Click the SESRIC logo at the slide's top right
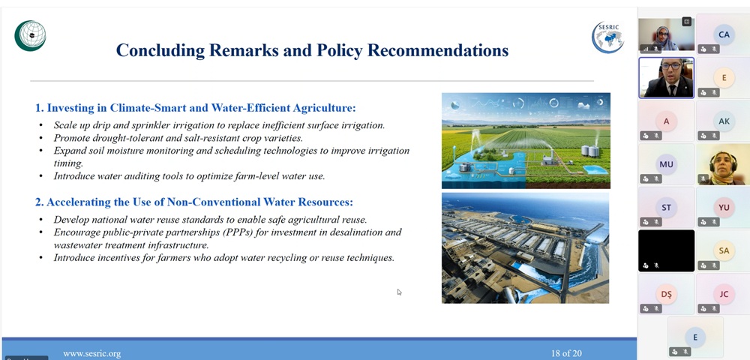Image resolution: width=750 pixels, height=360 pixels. [607, 37]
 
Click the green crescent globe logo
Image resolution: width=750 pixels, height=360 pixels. [30, 35]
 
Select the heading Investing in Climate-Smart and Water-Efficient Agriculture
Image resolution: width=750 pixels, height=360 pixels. [196, 108]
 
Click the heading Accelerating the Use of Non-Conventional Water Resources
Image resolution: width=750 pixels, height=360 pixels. [193, 202]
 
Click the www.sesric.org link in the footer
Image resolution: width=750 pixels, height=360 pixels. [91, 354]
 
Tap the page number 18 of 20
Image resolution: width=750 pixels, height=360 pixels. [566, 354]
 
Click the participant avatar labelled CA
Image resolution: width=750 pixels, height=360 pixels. [724, 34]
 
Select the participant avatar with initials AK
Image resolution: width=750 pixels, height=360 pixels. [724, 121]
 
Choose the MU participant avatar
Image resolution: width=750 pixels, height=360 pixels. [666, 164]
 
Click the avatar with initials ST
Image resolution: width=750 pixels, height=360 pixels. [666, 208]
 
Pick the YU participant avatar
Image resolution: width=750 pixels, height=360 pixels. [724, 208]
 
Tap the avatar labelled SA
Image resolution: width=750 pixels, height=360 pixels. [724, 250]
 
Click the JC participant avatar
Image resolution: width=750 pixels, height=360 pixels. [724, 294]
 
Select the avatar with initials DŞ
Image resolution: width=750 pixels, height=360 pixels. [666, 294]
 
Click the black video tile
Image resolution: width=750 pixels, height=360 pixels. [666, 250]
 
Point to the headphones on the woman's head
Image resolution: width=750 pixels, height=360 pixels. [722, 156]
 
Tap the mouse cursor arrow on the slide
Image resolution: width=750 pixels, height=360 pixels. [400, 292]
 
